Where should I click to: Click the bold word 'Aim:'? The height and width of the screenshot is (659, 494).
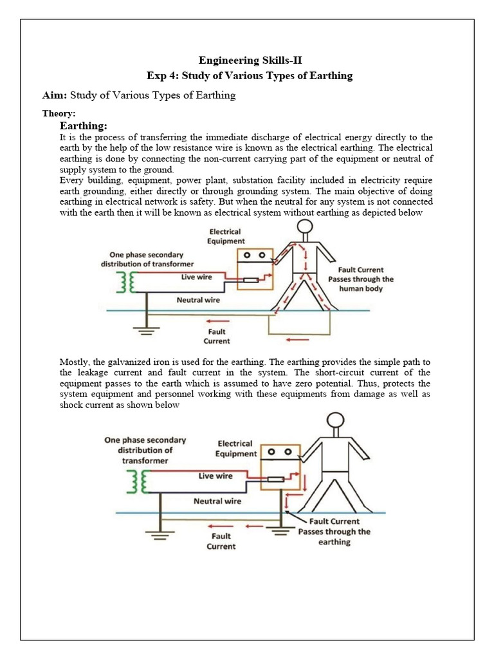coord(54,95)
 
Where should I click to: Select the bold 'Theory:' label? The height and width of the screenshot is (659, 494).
coord(58,113)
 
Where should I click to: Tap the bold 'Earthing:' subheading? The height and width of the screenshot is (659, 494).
coord(83,125)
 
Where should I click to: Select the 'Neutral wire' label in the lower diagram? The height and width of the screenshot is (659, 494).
coord(217,501)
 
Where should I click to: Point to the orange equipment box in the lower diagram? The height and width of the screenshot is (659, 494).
coord(280,467)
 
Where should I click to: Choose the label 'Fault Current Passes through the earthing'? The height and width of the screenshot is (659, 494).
coord(334,532)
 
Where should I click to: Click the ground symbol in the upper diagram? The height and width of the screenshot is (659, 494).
coord(147,331)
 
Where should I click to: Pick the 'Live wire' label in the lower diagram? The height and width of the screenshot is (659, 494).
coord(215,476)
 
